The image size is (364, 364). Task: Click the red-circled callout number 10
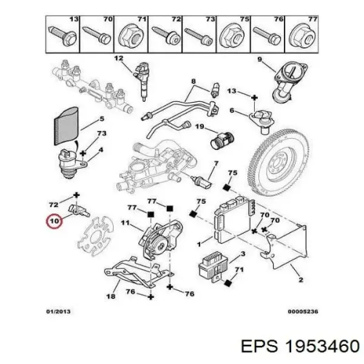55,221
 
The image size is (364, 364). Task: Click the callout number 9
259,59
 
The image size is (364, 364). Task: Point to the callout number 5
102,119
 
